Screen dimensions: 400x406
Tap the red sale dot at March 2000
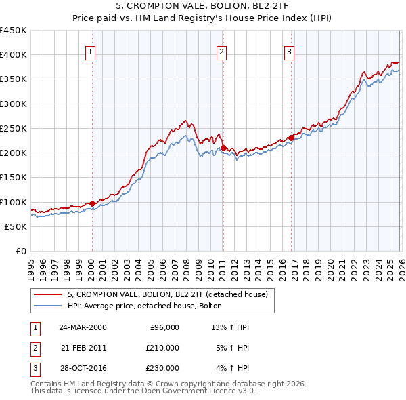92,203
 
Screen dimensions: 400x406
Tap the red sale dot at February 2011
223,148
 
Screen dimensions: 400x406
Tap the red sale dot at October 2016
291,138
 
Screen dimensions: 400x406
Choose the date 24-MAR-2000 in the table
83,327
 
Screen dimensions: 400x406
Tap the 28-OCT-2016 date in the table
83,368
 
